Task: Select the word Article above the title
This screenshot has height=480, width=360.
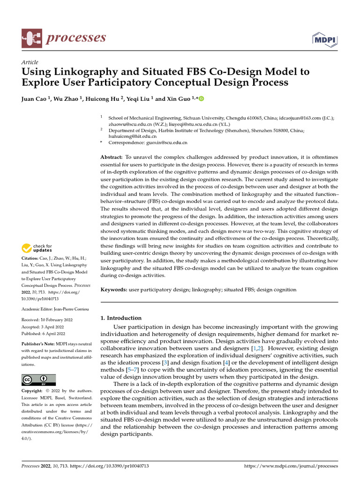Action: pyautogui.click(x=30, y=62)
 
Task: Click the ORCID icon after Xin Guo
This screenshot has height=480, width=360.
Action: pyautogui.click(x=202, y=99)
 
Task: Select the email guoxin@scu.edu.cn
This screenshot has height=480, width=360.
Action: pyautogui.click(x=168, y=142)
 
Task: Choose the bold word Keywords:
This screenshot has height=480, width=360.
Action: pyautogui.click(x=114, y=290)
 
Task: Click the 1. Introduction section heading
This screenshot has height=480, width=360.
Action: pyautogui.click(x=121, y=318)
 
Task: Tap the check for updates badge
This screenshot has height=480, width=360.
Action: pyautogui.click(x=37, y=248)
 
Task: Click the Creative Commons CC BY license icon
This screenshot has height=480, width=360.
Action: pyautogui.click(x=39, y=380)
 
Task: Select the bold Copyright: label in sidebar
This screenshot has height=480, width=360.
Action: pyautogui.click(x=32, y=391)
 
